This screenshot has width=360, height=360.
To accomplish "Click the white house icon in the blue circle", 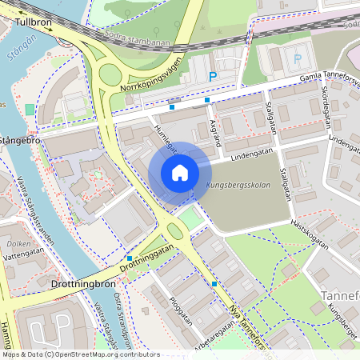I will point(180,173).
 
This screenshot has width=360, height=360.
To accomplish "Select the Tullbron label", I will point(33,22).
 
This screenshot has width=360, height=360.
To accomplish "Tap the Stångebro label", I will point(22,140).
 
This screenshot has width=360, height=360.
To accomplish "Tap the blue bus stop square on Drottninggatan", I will point(130,258).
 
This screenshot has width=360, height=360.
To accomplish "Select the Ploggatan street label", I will point(182,309).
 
